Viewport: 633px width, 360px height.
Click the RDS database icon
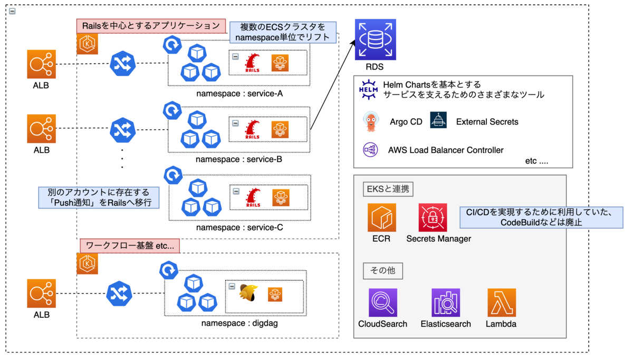(375, 40)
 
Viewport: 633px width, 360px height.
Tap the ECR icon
(381, 217)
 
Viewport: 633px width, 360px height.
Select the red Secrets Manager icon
(433, 217)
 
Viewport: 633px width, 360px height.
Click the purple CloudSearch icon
(382, 302)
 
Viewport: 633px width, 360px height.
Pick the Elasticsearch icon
(445, 302)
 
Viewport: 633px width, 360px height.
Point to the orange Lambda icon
(501, 302)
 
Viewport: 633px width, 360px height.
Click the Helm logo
(368, 89)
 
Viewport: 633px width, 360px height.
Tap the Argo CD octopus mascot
(369, 121)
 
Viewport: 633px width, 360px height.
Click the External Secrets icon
(438, 121)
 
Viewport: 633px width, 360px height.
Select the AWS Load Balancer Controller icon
(369, 150)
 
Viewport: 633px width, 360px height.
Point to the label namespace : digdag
(239, 323)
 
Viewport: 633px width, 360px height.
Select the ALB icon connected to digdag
(41, 294)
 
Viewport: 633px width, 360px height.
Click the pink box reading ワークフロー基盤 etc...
(129, 245)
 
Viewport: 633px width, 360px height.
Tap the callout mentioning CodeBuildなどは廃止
(541, 217)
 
